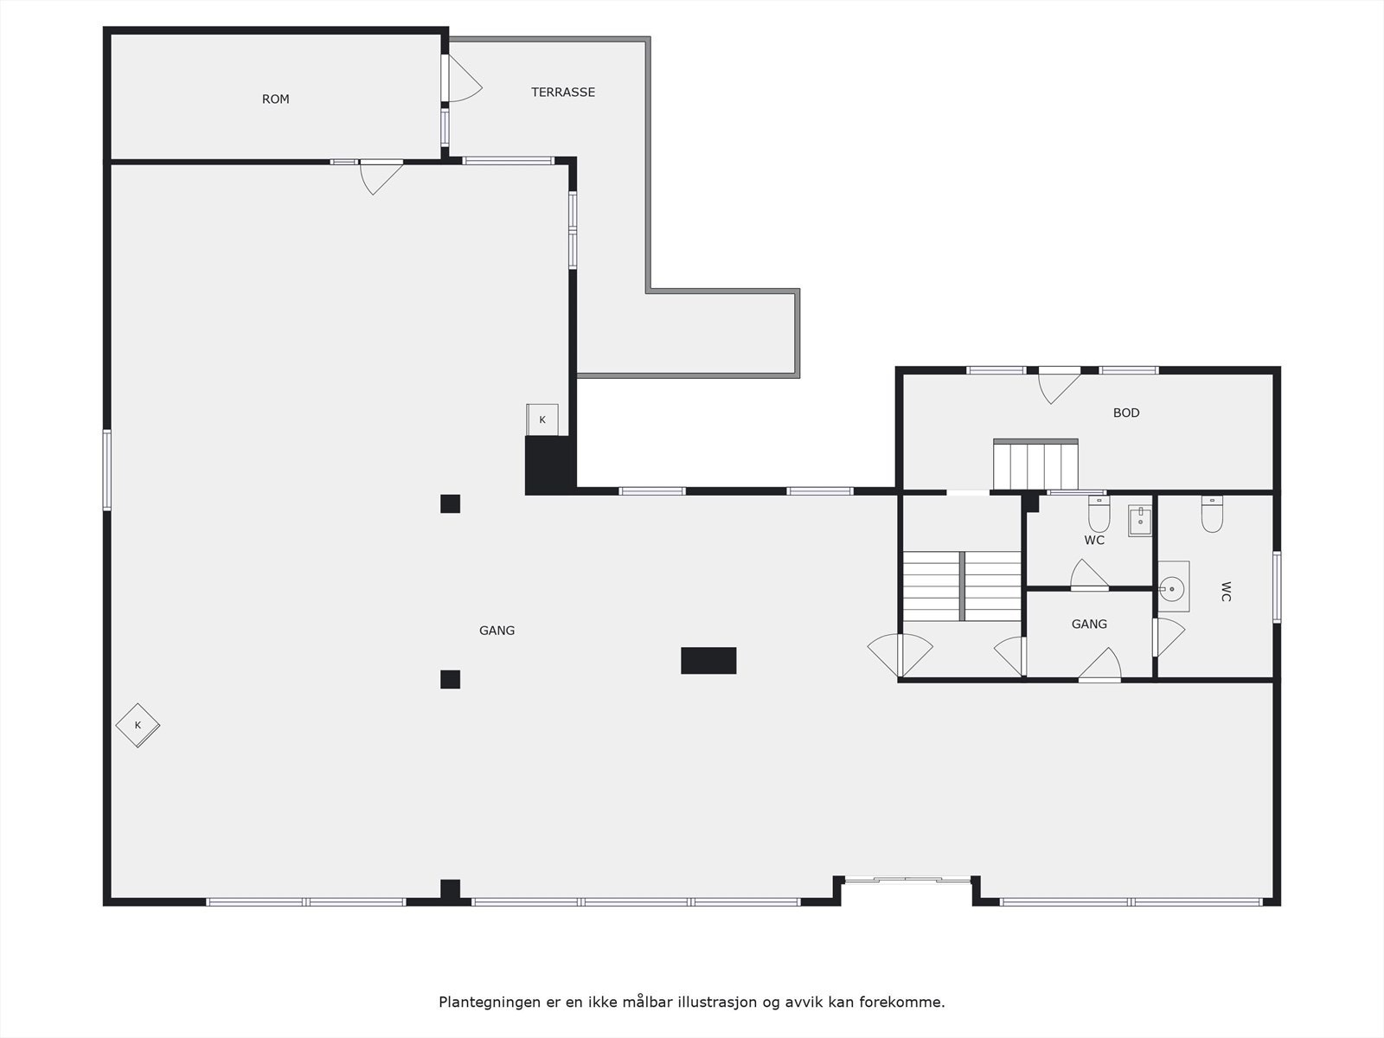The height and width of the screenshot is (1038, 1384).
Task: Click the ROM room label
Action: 276,99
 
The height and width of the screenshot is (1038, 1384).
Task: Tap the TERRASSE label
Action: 563,93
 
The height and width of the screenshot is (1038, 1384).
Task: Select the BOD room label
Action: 1126,413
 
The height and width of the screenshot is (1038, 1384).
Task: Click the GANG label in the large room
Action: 497,631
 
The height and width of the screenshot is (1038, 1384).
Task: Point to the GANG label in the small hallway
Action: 1089,624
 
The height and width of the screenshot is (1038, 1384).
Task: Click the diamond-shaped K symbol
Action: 138,725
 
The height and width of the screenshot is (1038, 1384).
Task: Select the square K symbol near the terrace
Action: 542,420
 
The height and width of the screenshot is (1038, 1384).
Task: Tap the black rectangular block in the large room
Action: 708,660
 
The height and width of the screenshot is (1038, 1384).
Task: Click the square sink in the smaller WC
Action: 1140,522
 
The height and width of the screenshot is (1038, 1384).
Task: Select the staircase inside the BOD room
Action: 1035,465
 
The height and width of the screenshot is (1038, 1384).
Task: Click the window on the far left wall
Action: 107,470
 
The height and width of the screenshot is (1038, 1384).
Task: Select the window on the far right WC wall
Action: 1277,586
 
